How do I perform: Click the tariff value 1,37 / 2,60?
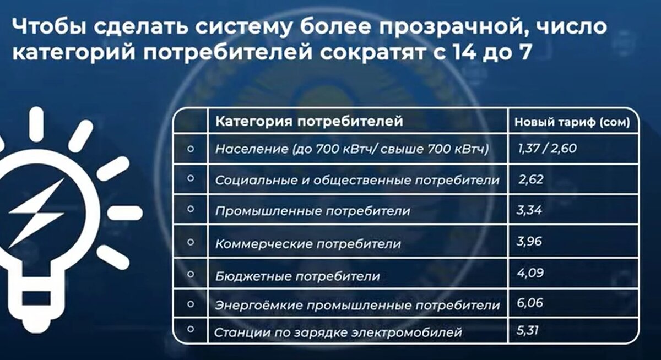click(546, 148)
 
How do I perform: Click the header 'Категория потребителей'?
click(308, 121)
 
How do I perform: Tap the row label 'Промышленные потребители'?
click(313, 211)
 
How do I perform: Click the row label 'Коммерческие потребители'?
click(308, 243)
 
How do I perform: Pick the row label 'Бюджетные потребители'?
click(297, 275)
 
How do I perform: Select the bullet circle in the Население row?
click(190, 148)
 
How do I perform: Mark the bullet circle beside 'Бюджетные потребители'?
click(190, 273)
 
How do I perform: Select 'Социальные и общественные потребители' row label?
click(357, 181)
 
